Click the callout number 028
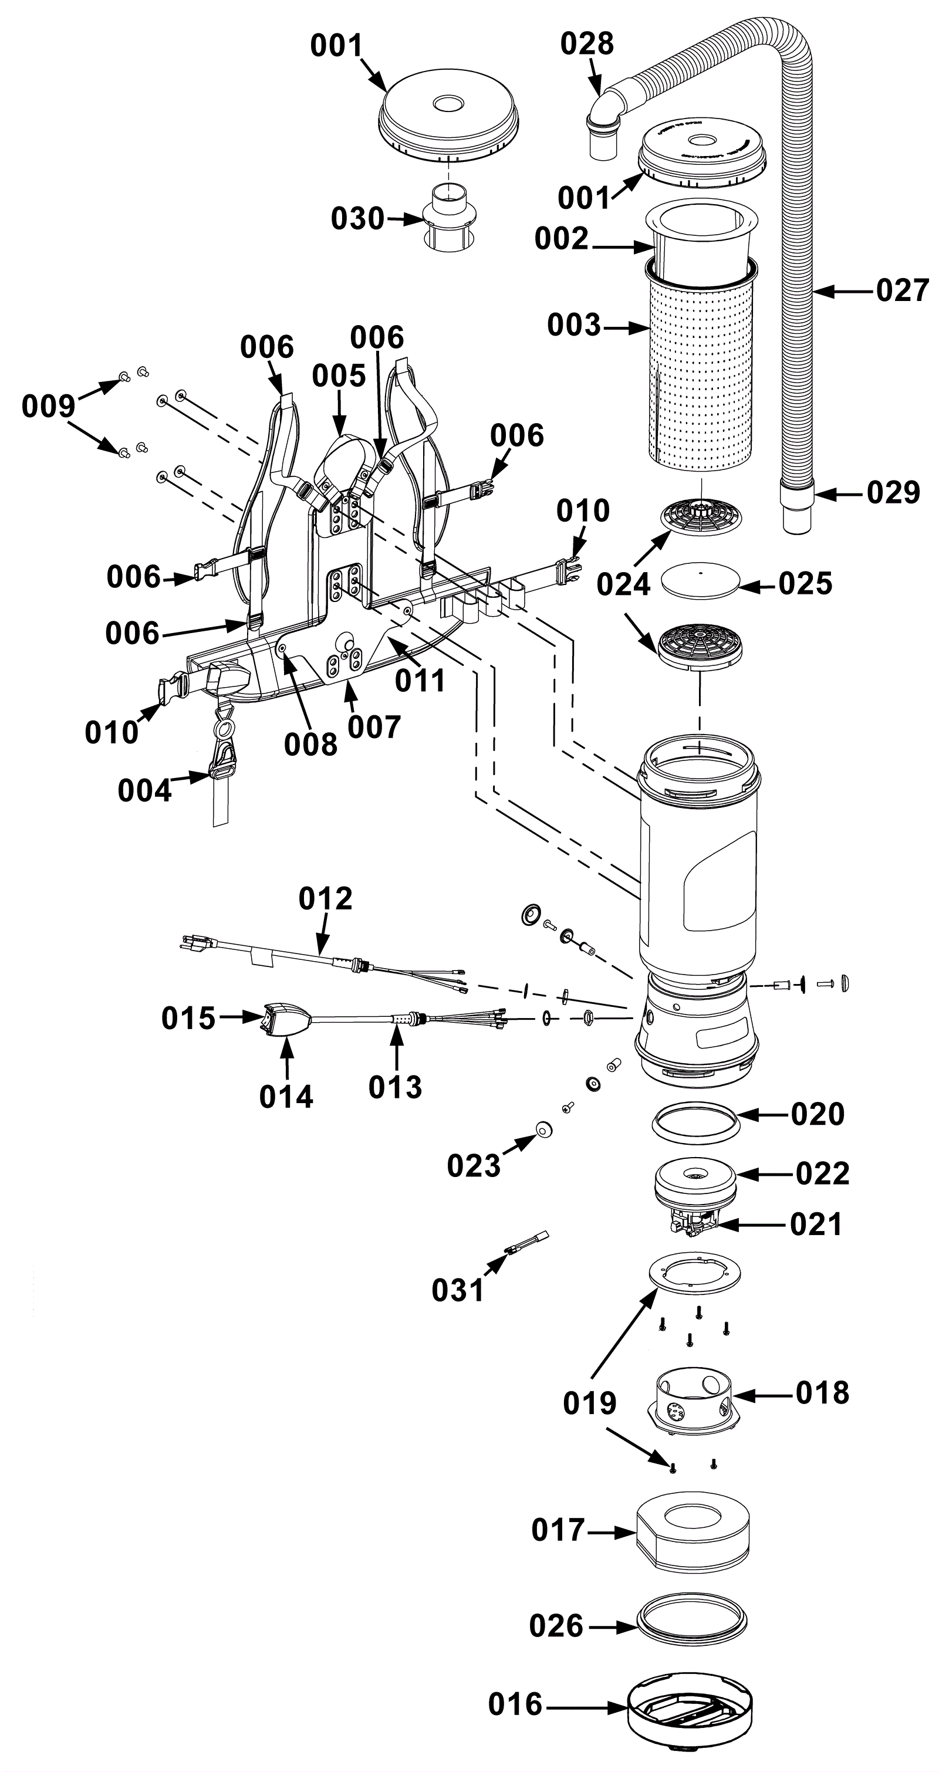(587, 43)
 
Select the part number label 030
(357, 219)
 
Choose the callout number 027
(903, 290)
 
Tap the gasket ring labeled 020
(696, 1122)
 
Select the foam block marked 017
(693, 1531)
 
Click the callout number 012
(325, 898)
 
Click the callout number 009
(48, 406)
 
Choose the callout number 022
(822, 1174)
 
